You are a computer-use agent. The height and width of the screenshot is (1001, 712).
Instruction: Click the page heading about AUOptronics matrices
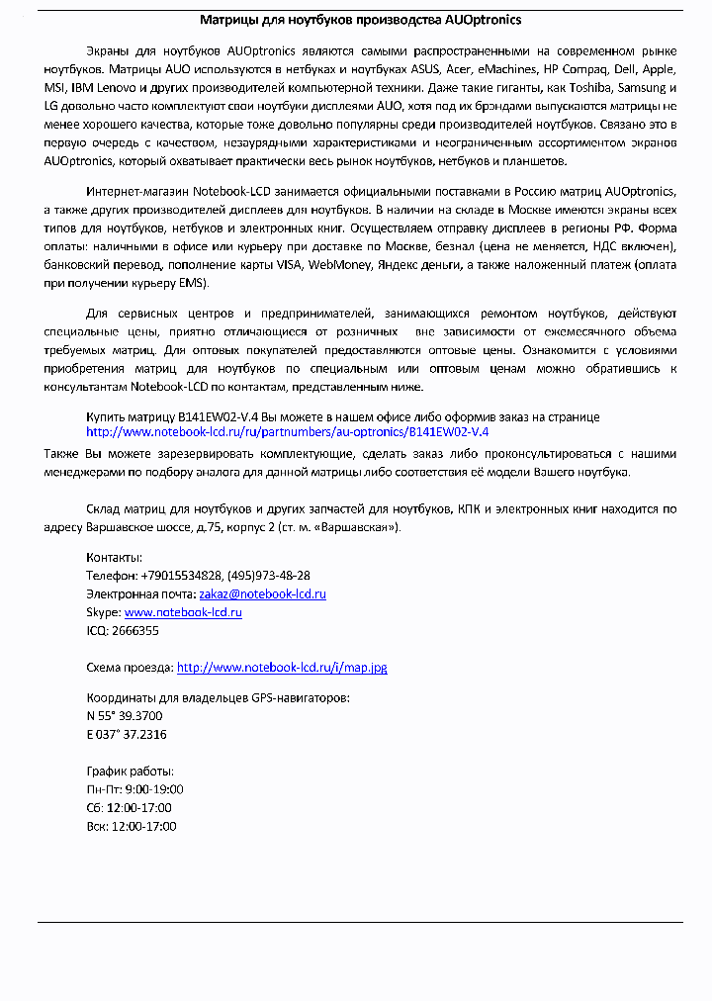360,19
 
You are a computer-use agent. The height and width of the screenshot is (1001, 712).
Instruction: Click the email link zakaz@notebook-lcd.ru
262,594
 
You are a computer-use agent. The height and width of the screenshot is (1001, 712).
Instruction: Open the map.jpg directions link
281,668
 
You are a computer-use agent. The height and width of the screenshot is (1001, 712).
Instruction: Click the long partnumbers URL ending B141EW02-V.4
287,432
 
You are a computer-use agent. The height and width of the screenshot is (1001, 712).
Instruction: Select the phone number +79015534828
181,576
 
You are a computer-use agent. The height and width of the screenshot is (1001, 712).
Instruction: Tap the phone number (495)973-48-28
269,576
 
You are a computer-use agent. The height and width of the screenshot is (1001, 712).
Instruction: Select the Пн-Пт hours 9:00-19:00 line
134,789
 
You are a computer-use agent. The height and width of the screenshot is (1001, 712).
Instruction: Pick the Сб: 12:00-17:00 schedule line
130,807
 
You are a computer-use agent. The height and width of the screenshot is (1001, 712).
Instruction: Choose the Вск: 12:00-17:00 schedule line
132,826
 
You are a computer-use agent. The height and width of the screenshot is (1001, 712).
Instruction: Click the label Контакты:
114,558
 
